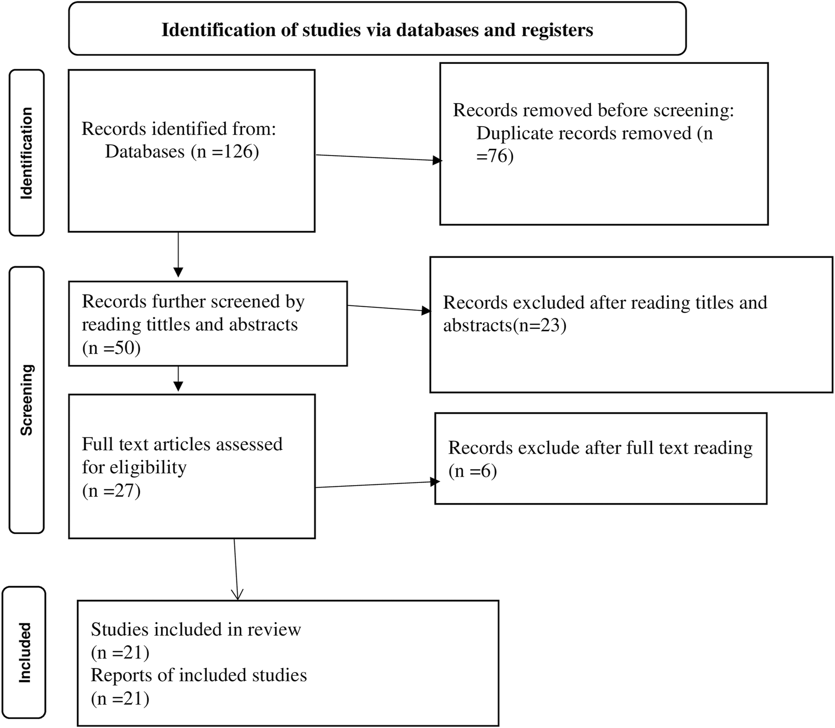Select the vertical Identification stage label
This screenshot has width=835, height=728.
pyautogui.click(x=26, y=153)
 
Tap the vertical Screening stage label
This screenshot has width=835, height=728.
pyautogui.click(x=26, y=400)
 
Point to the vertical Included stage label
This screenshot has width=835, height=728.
pyautogui.click(x=25, y=653)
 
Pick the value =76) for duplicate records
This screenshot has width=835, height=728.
pyautogui.click(x=495, y=156)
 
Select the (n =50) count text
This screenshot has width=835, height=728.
pyautogui.click(x=112, y=348)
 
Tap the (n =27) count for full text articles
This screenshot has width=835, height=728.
pyautogui.click(x=112, y=490)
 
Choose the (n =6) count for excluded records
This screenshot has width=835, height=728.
pyautogui.click(x=473, y=471)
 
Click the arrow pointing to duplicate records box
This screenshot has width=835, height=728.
pyautogui.click(x=378, y=158)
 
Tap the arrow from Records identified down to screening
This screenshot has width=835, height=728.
pyautogui.click(x=178, y=255)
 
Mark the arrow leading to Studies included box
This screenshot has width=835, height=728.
pyautogui.click(x=236, y=569)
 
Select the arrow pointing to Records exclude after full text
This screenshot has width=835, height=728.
pyautogui.click(x=377, y=485)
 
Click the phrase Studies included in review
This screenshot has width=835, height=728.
pyautogui.click(x=196, y=629)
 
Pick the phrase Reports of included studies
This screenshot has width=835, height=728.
pyautogui.click(x=199, y=675)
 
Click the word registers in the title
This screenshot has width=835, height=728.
pyautogui.click(x=558, y=30)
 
